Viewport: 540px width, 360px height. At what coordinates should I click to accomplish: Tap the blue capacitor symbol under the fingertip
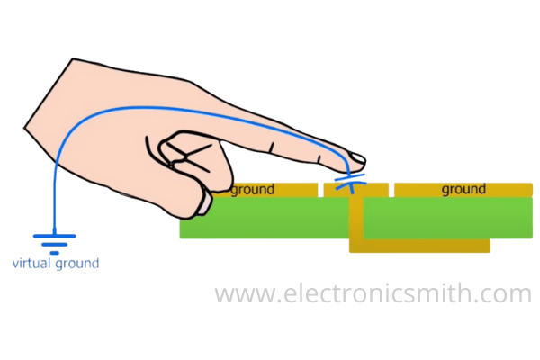(x=348, y=184)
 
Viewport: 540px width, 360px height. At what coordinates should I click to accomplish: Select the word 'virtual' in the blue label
(x=32, y=264)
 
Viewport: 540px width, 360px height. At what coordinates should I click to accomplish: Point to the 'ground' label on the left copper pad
(x=252, y=190)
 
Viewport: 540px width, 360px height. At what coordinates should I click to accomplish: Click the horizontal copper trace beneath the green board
(x=423, y=245)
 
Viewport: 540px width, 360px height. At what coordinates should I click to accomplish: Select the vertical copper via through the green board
(x=355, y=220)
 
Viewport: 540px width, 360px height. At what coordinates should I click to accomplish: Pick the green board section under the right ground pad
(x=450, y=218)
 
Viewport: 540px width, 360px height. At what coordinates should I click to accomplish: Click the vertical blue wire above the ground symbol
(x=55, y=198)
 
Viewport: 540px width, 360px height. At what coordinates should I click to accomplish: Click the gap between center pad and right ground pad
(x=391, y=190)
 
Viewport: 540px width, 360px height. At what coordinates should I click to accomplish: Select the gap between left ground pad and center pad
(x=320, y=190)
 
